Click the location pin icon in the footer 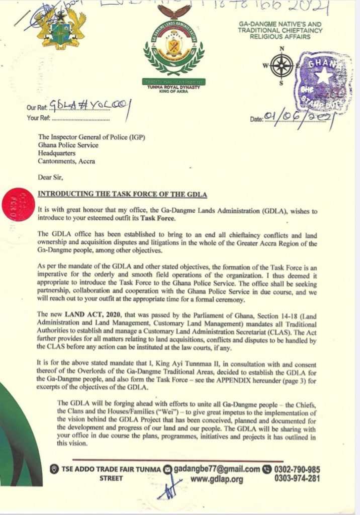54,469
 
